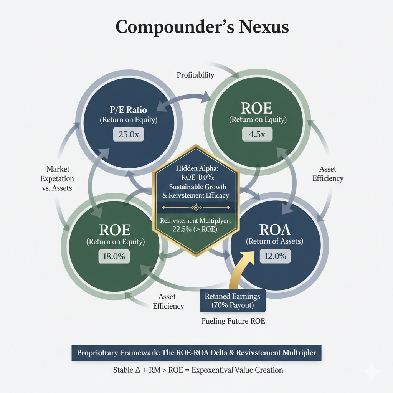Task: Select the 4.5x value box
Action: coord(257,135)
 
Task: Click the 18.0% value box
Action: coord(114,256)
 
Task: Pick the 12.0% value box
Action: coord(275,256)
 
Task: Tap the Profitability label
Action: coord(195,75)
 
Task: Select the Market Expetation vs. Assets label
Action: coord(60,179)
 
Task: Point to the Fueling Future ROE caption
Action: coord(233,321)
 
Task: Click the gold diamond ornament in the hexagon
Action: coord(196,208)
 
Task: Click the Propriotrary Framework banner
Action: coord(196,353)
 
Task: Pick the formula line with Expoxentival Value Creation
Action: coord(198,370)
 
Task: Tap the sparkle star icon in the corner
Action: coord(372,372)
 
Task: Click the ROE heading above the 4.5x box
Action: coord(257,108)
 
